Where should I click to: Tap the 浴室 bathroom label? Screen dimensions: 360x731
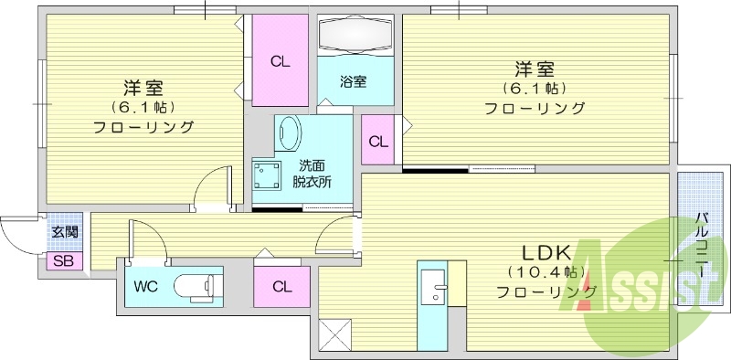click(x=354, y=81)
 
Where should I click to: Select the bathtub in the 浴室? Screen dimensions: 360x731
click(x=355, y=36)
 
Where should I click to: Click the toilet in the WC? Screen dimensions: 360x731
click(x=196, y=285)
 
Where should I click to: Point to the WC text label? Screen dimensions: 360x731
click(x=148, y=286)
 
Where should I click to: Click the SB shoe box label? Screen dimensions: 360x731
click(x=64, y=261)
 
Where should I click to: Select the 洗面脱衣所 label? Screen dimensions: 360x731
click(x=312, y=174)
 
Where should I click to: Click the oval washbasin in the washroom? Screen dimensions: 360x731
click(x=290, y=134)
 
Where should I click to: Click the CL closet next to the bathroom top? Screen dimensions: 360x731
click(x=280, y=62)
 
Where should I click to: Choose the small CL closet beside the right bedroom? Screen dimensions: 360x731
click(x=378, y=141)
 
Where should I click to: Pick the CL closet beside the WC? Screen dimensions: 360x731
click(x=281, y=286)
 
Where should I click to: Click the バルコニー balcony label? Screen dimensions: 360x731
click(x=702, y=242)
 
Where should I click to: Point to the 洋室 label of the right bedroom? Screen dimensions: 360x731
click(x=535, y=69)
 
